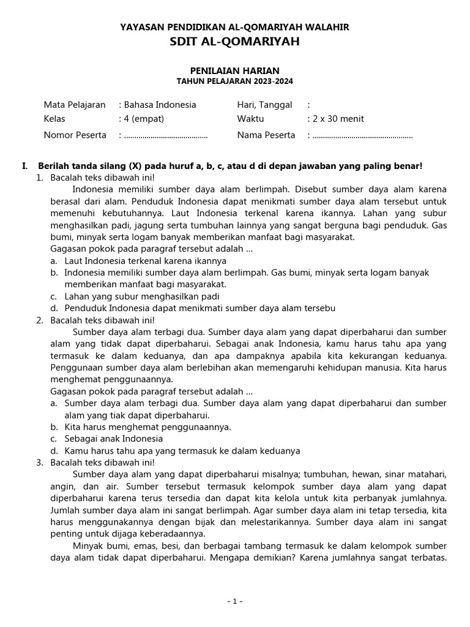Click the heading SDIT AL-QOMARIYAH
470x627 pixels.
tap(234, 42)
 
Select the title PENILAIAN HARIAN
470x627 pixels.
tap(234, 71)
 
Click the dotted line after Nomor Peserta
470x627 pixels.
tap(166, 135)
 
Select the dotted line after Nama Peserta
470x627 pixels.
tap(362, 135)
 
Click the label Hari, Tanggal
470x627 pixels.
tap(264, 105)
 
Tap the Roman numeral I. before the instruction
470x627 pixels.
tap(24, 166)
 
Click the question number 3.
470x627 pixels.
tap(39, 462)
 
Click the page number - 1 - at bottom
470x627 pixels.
tap(234, 602)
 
